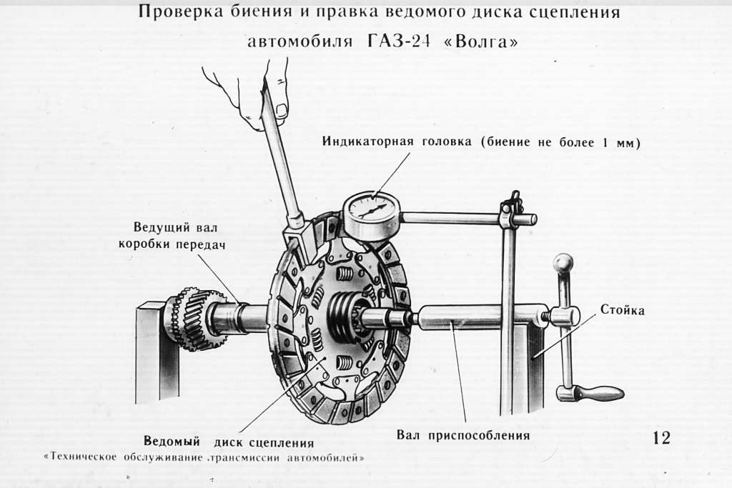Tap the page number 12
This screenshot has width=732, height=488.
[x=662, y=437]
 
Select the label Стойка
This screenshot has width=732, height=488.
[x=622, y=310]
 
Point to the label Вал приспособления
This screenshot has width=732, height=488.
[x=463, y=434]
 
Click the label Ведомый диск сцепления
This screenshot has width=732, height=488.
[x=228, y=442]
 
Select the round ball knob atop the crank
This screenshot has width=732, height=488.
[x=563, y=263]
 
